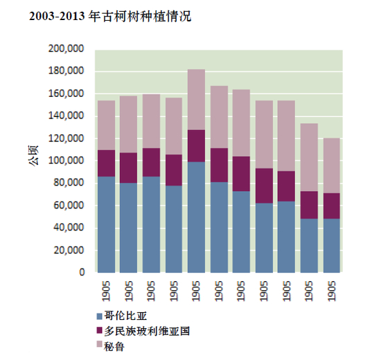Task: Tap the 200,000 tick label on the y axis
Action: [67, 49]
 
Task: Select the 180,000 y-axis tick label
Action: [67, 71]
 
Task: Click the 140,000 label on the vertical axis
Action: [67, 116]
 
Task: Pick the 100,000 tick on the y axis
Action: [67, 161]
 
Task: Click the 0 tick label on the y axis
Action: [81, 273]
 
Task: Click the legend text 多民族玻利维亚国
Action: [145, 331]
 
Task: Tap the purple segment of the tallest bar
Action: [196, 145]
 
